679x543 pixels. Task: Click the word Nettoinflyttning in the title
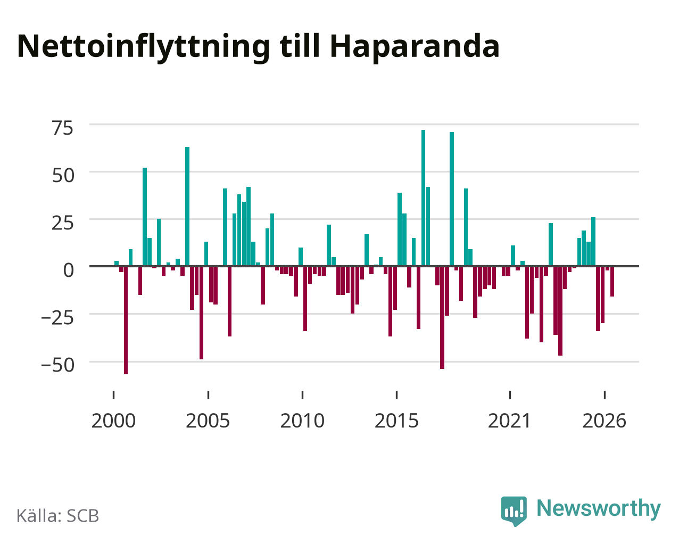point(143,47)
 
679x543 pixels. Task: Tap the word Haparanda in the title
point(415,47)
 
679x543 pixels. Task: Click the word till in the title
point(300,46)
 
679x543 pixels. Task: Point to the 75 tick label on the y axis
point(62,128)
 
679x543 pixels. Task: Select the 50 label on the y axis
point(63,176)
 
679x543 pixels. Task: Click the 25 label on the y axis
point(62,223)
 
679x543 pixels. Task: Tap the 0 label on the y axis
point(69,270)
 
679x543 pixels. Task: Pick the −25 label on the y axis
point(57,318)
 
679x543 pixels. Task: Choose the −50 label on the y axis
point(58,366)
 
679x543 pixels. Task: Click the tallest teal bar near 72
point(423,198)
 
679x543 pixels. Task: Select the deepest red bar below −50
point(126,320)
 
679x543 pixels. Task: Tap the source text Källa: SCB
point(58,516)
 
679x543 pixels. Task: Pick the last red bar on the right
point(612,282)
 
